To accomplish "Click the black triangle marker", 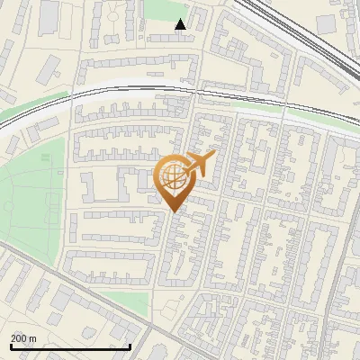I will coord(181,24).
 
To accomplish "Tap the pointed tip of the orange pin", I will coord(173,211).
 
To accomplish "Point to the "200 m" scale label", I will coord(24,338).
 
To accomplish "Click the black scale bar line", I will coord(70,346).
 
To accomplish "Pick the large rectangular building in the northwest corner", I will coord(48,15).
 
